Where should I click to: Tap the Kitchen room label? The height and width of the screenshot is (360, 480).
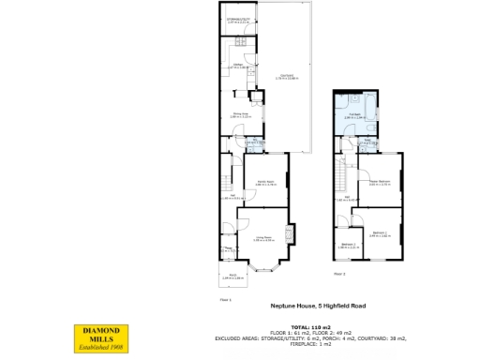[x=238, y=67]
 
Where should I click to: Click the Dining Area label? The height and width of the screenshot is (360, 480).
[x=240, y=113]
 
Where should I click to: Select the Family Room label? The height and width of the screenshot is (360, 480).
[x=264, y=185]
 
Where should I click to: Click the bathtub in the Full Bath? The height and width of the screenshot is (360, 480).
[x=374, y=121]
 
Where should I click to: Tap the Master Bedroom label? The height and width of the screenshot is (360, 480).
[x=380, y=183]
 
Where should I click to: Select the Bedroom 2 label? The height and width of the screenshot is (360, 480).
[x=348, y=246]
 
